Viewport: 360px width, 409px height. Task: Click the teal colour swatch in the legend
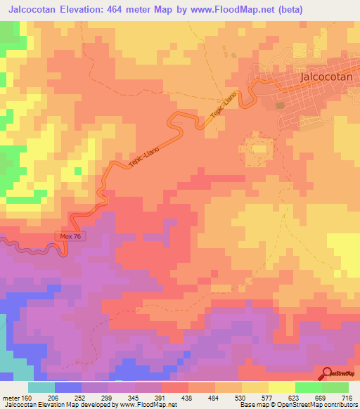point(41,387)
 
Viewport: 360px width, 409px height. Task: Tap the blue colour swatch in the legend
point(68,387)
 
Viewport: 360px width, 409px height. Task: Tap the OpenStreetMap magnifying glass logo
point(328,372)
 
